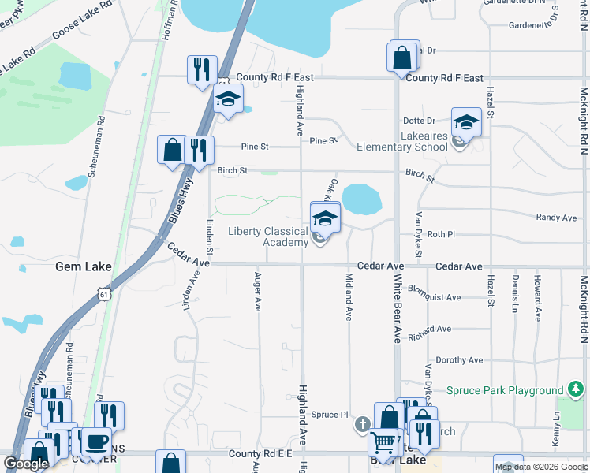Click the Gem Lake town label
coord(83,266)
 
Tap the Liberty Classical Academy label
coord(267,236)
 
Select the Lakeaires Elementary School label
coord(401,147)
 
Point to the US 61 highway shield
coord(104,293)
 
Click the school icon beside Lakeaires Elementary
coord(466,122)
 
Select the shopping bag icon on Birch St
coord(172,149)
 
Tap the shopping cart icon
coord(384,445)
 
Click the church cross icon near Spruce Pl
coord(362,425)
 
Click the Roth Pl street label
coord(441,234)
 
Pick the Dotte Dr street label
coord(419,121)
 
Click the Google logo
coord(26,464)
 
